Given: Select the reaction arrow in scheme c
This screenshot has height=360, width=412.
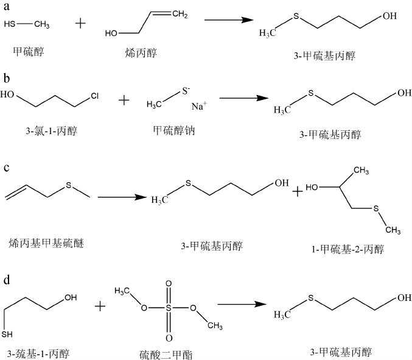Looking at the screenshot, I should (122, 197).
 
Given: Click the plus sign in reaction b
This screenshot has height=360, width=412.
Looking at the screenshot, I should (124, 99).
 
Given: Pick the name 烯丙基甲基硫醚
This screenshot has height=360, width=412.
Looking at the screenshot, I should (46, 244).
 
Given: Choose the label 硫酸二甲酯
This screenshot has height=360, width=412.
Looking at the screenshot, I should (166, 353).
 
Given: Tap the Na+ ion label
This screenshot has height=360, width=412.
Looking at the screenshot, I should (199, 107).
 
